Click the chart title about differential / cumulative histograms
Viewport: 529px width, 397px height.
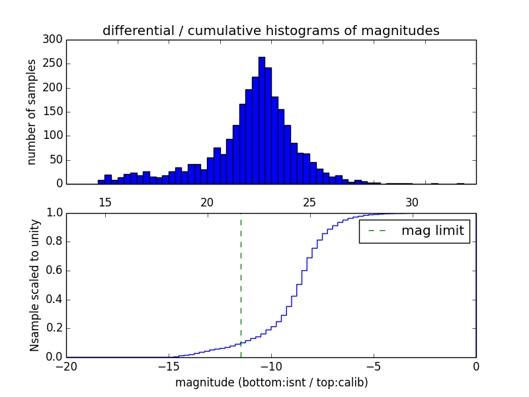pos(270,31)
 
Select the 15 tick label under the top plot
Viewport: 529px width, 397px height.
pos(104,202)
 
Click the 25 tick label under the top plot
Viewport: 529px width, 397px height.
pos(309,202)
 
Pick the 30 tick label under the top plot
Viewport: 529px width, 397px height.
pos(412,202)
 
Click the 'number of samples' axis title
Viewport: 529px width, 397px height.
pos(32,112)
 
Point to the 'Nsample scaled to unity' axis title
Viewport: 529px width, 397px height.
pos(35,285)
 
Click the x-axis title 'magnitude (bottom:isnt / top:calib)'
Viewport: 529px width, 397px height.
pos(271,382)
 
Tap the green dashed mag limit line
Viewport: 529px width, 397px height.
pos(241,285)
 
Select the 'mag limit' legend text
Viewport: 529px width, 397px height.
pos(432,232)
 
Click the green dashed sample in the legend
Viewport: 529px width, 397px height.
pos(377,232)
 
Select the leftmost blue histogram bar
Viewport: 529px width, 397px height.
pos(101,182)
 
